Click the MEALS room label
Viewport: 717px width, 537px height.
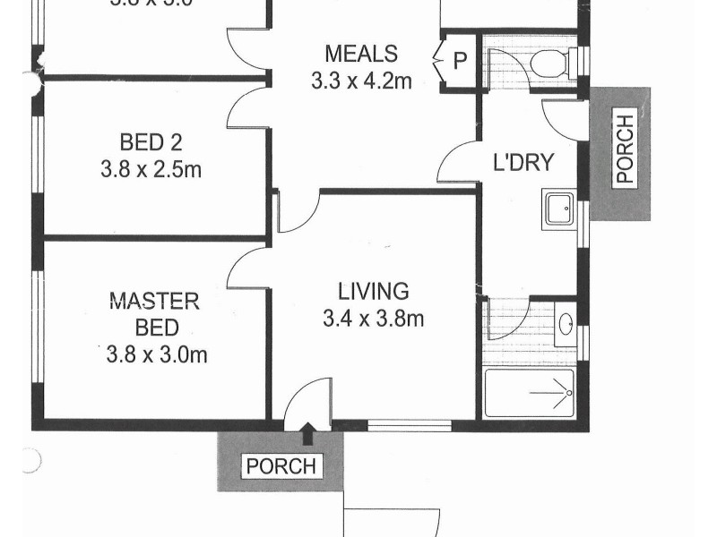pyautogui.click(x=361, y=53)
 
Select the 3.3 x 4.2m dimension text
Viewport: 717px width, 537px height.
pyautogui.click(x=361, y=81)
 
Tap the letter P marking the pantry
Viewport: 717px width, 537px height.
pyautogui.click(x=460, y=61)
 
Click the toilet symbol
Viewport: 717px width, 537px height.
pyautogui.click(x=547, y=63)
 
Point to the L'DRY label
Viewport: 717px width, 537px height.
pyautogui.click(x=524, y=163)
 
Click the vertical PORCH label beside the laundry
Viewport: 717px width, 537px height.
pyautogui.click(x=624, y=149)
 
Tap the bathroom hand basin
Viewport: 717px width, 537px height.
pyautogui.click(x=566, y=323)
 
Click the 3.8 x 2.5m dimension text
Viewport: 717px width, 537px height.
pyautogui.click(x=151, y=169)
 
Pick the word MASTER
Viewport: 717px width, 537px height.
pyautogui.click(x=154, y=300)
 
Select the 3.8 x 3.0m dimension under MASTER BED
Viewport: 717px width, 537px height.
pyautogui.click(x=156, y=354)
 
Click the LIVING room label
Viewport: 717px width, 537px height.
pyautogui.click(x=373, y=291)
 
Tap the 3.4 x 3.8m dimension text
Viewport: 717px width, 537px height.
pyautogui.click(x=373, y=318)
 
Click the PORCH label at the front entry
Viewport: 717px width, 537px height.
pyautogui.click(x=281, y=466)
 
